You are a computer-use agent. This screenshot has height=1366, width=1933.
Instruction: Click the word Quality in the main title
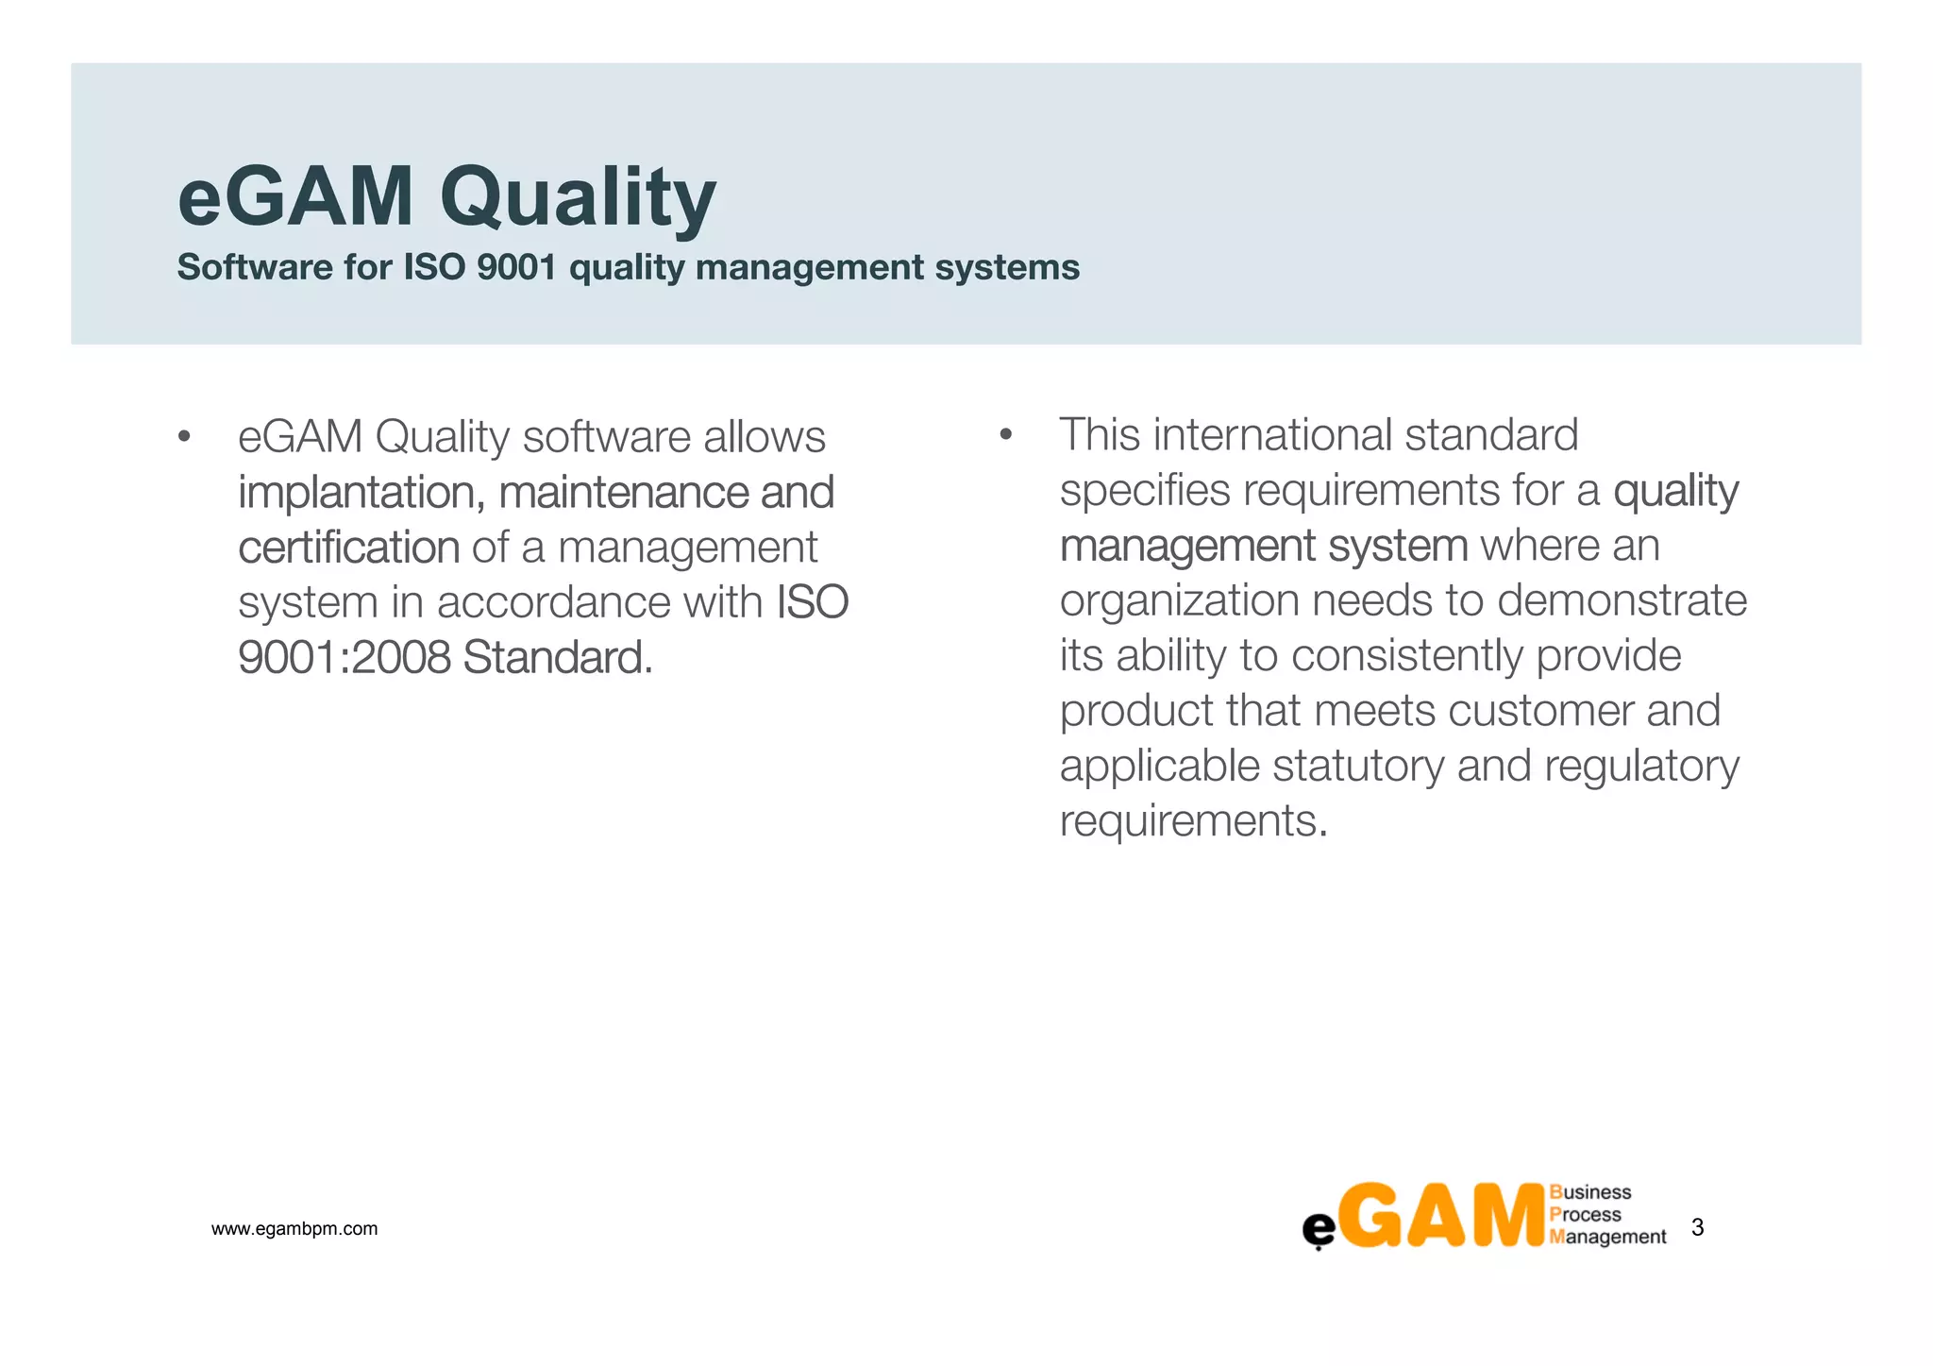(577, 198)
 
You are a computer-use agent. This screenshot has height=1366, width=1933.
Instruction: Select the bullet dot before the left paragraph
(184, 437)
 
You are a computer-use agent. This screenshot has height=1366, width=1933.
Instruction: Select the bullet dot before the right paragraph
(1005, 435)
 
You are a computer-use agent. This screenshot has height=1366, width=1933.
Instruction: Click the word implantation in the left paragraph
(361, 493)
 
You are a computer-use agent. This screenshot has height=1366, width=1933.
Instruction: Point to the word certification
(348, 548)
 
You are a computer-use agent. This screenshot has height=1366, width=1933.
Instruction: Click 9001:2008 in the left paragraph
(345, 657)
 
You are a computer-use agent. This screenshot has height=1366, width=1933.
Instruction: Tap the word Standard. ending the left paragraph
(558, 657)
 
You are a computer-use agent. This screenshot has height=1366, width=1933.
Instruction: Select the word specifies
(1145, 491)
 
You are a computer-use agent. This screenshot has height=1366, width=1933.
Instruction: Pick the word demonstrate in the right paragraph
(1622, 600)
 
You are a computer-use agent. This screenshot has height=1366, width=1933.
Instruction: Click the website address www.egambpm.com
(294, 1229)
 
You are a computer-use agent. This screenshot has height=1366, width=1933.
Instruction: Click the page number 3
(1697, 1227)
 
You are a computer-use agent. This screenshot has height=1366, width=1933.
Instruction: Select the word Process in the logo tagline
(1586, 1215)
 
